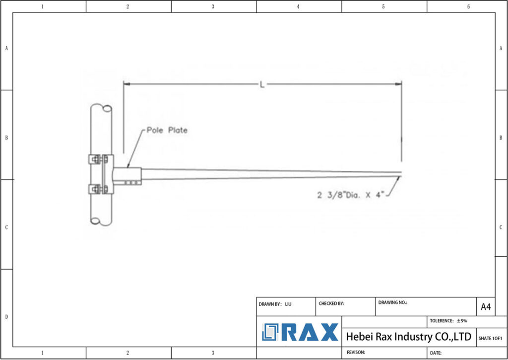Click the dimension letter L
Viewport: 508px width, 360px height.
pos(262,84)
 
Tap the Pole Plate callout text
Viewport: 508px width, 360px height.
pos(167,130)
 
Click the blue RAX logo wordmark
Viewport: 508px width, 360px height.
pos(301,332)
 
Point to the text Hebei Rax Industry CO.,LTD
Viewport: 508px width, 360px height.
pos(408,337)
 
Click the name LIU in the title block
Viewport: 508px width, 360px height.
pos(289,304)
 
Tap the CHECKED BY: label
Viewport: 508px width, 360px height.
pos(331,304)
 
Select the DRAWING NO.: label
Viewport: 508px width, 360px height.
pos(392,302)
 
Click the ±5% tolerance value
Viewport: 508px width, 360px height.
pos(461,321)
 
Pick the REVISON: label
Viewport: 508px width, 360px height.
pos(356,352)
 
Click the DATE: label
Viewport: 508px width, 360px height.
pos(436,353)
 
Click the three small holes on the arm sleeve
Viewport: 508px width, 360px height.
pos(131,182)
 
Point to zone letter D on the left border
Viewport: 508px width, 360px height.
pos(6,317)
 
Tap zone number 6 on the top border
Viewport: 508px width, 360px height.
pos(468,6)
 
